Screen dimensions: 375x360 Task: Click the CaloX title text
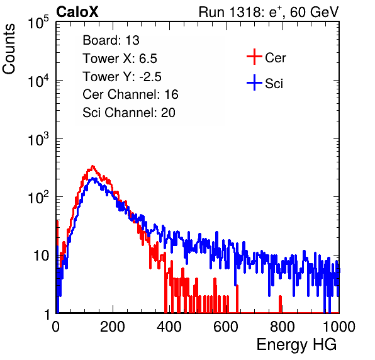(77, 12)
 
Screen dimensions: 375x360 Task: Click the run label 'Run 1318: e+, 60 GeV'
(269, 12)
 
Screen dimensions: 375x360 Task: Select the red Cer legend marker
(254, 57)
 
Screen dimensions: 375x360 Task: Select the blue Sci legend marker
(254, 82)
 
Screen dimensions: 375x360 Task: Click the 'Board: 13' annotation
(111, 40)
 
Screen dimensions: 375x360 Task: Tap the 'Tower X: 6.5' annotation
(120, 59)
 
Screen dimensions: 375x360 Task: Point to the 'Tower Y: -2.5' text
(122, 77)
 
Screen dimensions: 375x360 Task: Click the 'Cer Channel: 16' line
(130, 94)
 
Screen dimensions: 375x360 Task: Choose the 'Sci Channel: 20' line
(129, 113)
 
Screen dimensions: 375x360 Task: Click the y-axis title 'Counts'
(9, 49)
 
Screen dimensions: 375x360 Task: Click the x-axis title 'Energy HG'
(296, 345)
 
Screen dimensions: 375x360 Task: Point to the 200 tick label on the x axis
(113, 327)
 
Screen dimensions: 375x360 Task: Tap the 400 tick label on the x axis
(169, 327)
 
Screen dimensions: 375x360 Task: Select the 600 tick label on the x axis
(226, 327)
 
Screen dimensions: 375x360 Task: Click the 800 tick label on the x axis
(283, 327)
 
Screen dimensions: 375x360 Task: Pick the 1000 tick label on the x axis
(339, 327)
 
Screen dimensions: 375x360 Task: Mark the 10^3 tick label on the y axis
(38, 139)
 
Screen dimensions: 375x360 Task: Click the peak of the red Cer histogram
(92, 166)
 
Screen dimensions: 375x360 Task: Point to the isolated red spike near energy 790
(280, 304)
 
